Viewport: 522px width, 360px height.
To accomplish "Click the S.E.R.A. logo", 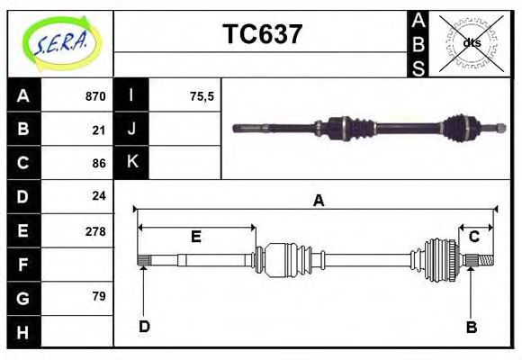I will [59, 42].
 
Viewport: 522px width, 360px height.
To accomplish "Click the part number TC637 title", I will [262, 35].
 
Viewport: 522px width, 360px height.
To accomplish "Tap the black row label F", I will [23, 264].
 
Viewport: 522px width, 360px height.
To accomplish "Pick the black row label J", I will [131, 130].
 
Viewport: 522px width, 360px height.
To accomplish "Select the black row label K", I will [131, 163].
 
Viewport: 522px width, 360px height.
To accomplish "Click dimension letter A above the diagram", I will [318, 201].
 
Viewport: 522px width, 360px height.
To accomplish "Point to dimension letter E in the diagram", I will [195, 237].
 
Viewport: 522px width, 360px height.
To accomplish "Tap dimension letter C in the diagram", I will [473, 237].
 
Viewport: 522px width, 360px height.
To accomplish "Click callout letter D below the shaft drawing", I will [144, 326].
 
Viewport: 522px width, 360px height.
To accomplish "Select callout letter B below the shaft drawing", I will [472, 327].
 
